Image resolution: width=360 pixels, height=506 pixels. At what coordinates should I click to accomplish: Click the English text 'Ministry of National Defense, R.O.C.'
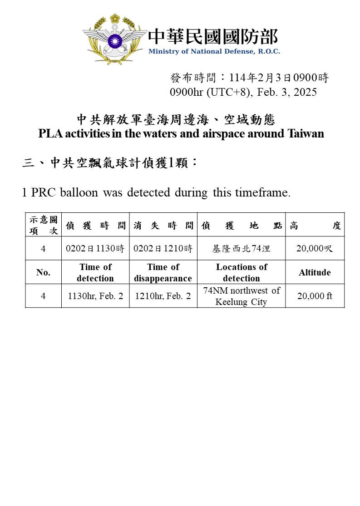(214, 51)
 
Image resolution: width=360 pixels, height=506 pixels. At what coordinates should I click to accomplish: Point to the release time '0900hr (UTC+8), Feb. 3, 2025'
(243, 92)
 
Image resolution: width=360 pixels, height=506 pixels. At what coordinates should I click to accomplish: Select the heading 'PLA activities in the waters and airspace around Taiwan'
(181, 134)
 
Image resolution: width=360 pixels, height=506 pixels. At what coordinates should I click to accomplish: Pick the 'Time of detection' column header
(95, 272)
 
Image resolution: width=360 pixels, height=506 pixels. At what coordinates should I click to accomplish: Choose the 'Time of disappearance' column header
(163, 272)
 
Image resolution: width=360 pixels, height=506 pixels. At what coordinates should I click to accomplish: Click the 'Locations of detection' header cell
(242, 272)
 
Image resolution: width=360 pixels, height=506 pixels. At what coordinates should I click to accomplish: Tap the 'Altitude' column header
(315, 272)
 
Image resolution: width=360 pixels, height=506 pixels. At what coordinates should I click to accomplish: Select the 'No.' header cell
(43, 272)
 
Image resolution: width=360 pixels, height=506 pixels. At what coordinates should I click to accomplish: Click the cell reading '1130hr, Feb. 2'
(95, 296)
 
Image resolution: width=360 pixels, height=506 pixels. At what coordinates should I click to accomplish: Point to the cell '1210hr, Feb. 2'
(163, 296)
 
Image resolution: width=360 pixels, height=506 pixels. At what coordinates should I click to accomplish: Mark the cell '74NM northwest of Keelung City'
(242, 296)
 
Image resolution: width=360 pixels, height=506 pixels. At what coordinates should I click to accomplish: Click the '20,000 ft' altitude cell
(315, 296)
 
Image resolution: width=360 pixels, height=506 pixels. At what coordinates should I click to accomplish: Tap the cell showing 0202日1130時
(95, 248)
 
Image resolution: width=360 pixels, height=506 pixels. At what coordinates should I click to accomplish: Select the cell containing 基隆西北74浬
(242, 248)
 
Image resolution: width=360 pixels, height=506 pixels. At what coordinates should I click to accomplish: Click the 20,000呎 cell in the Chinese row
(315, 248)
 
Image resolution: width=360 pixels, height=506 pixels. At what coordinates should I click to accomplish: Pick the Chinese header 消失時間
(163, 226)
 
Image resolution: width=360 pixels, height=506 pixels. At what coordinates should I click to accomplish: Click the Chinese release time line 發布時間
(249, 78)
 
